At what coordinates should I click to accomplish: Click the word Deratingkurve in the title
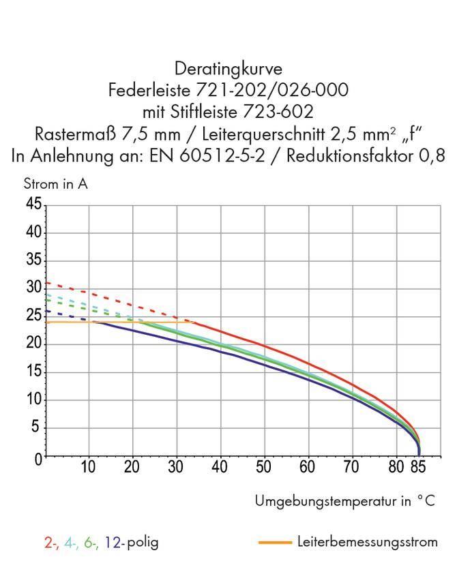pos(228,69)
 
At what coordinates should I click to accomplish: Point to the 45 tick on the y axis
pos(33,205)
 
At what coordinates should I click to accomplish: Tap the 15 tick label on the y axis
pos(33,372)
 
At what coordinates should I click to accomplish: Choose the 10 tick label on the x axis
pos(88,468)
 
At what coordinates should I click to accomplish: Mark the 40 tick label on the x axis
pos(220,468)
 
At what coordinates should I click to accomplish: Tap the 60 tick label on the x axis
pos(308,468)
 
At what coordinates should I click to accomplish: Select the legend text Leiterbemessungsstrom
pos(368,542)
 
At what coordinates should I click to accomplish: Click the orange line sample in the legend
pos(276,543)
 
